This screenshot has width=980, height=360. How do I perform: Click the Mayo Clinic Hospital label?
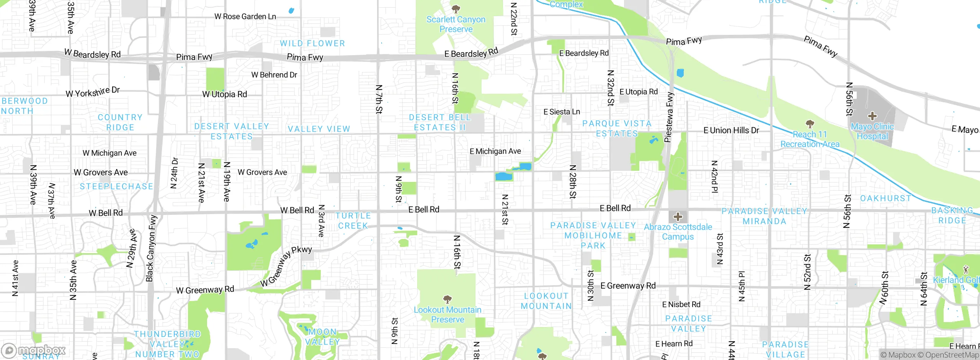(872, 131)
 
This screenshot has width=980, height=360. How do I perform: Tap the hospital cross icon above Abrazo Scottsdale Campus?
(678, 217)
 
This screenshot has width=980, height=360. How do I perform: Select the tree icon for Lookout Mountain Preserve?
(447, 299)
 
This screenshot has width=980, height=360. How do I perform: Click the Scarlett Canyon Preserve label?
(456, 24)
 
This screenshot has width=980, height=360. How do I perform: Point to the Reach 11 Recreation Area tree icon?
(810, 124)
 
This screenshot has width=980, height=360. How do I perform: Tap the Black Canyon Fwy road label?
(151, 248)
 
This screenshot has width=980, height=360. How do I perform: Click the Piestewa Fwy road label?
(669, 117)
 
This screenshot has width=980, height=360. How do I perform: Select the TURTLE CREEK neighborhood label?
(353, 221)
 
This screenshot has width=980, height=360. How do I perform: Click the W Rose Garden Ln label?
(245, 16)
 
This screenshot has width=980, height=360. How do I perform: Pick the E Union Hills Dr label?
(731, 130)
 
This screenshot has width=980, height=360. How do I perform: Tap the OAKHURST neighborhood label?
(885, 198)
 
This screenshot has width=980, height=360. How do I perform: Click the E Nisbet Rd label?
(681, 304)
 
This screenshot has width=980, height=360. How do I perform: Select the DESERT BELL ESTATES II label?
(439, 123)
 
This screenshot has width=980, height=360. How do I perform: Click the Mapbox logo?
(34, 350)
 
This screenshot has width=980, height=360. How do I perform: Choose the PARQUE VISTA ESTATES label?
(617, 129)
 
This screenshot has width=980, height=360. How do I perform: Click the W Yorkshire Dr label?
(93, 92)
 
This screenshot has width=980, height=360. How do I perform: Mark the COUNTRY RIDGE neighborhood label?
(120, 122)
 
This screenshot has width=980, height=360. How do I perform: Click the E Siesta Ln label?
(562, 112)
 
